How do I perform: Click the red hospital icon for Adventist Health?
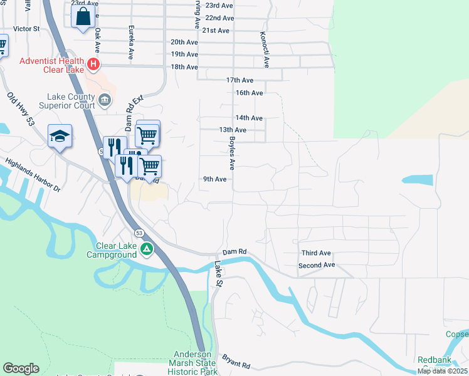93,64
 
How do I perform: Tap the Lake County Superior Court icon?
105,99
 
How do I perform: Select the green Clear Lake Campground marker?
146,249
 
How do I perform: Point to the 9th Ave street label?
214,179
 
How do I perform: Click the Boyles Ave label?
231,154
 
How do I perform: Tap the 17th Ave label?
240,80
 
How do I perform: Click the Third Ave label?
315,253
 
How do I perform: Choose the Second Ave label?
317,265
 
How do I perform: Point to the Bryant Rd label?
236,362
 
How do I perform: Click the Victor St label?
26,29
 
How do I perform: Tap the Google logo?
21,368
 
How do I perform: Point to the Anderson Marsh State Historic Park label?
194,363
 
